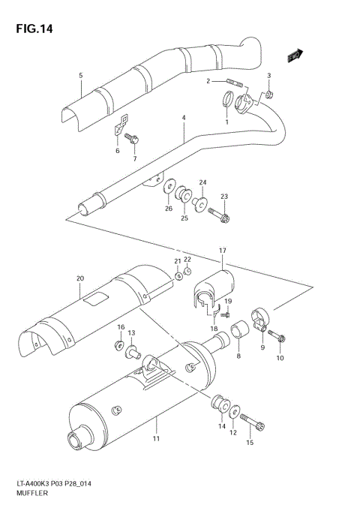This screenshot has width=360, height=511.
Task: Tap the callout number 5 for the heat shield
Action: [x=80, y=76]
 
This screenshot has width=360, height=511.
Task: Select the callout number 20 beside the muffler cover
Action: [x=79, y=278]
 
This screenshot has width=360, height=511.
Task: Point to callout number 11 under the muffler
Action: [x=156, y=439]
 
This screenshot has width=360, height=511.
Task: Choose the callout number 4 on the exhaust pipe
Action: [x=182, y=119]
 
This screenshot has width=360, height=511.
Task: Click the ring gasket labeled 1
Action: [x=226, y=98]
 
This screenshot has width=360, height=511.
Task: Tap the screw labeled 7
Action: [x=133, y=140]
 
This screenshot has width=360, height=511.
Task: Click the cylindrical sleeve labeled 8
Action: [x=238, y=331]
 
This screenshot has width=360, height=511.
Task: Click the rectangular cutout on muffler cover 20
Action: [x=95, y=301]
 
